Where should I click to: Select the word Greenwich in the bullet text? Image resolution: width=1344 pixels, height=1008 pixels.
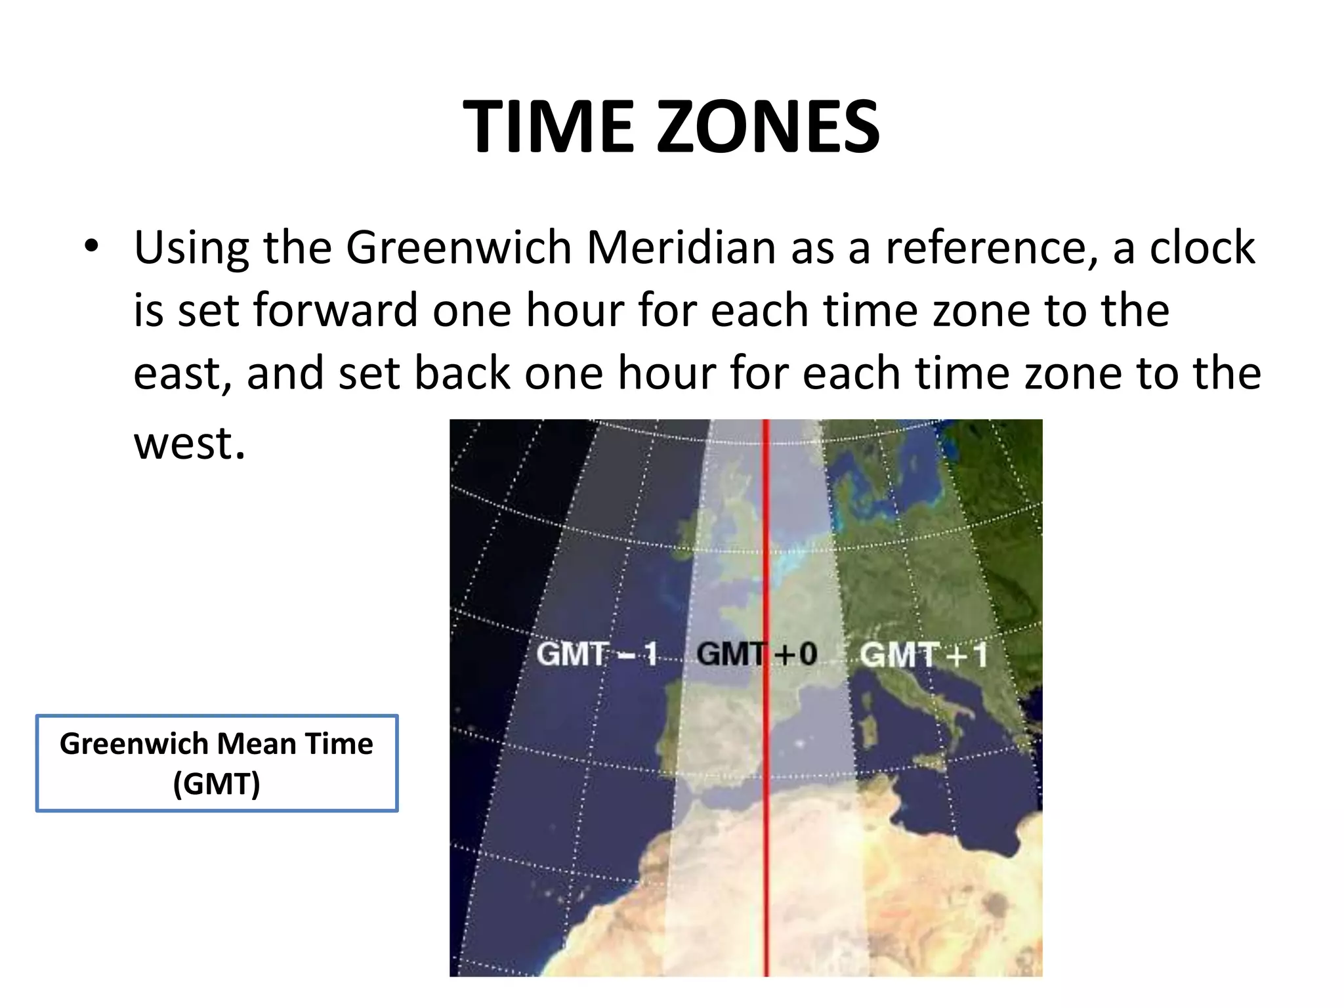tap(459, 248)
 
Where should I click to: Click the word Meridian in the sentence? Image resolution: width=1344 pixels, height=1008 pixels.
tap(681, 248)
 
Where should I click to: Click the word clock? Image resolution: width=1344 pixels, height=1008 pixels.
tap(1202, 248)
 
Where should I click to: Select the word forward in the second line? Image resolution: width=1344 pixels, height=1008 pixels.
tap(335, 310)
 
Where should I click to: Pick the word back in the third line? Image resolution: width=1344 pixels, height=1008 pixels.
tap(463, 373)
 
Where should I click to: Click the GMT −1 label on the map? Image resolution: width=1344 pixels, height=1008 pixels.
tap(597, 654)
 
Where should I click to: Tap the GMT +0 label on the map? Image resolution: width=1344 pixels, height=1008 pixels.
tap(757, 654)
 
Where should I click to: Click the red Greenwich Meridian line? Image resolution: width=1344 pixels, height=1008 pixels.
tap(765, 853)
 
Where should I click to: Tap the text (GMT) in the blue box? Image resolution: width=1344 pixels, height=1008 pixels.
tap(217, 784)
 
